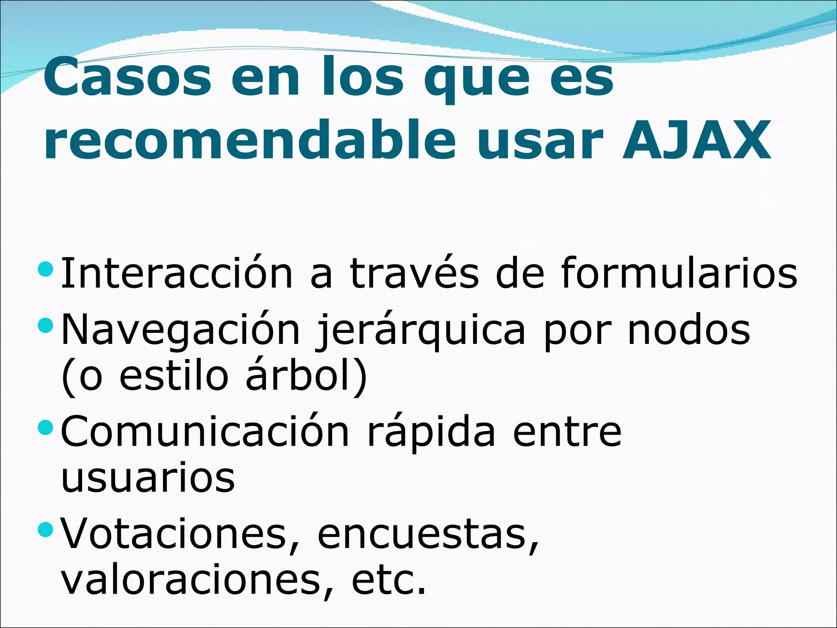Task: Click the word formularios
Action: point(679,273)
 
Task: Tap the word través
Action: point(414,273)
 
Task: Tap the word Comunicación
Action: point(205,431)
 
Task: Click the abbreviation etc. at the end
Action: point(388,580)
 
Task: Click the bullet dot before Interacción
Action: point(45,269)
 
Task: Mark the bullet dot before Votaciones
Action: point(45,530)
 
